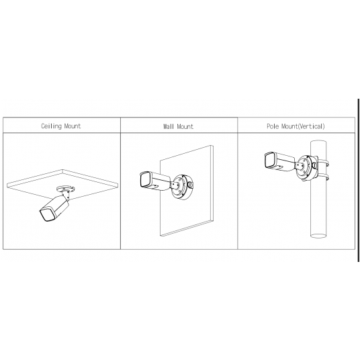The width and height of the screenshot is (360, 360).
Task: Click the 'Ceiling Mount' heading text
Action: pos(61,126)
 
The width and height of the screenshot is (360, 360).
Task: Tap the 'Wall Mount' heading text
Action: pos(178,126)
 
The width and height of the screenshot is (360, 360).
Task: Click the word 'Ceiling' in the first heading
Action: pos(52,126)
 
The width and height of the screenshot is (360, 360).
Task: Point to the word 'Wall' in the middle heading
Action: pos(169,126)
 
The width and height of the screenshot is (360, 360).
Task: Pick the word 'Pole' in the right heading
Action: pos(273,126)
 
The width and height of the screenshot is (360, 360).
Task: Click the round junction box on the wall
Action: pos(183,185)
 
